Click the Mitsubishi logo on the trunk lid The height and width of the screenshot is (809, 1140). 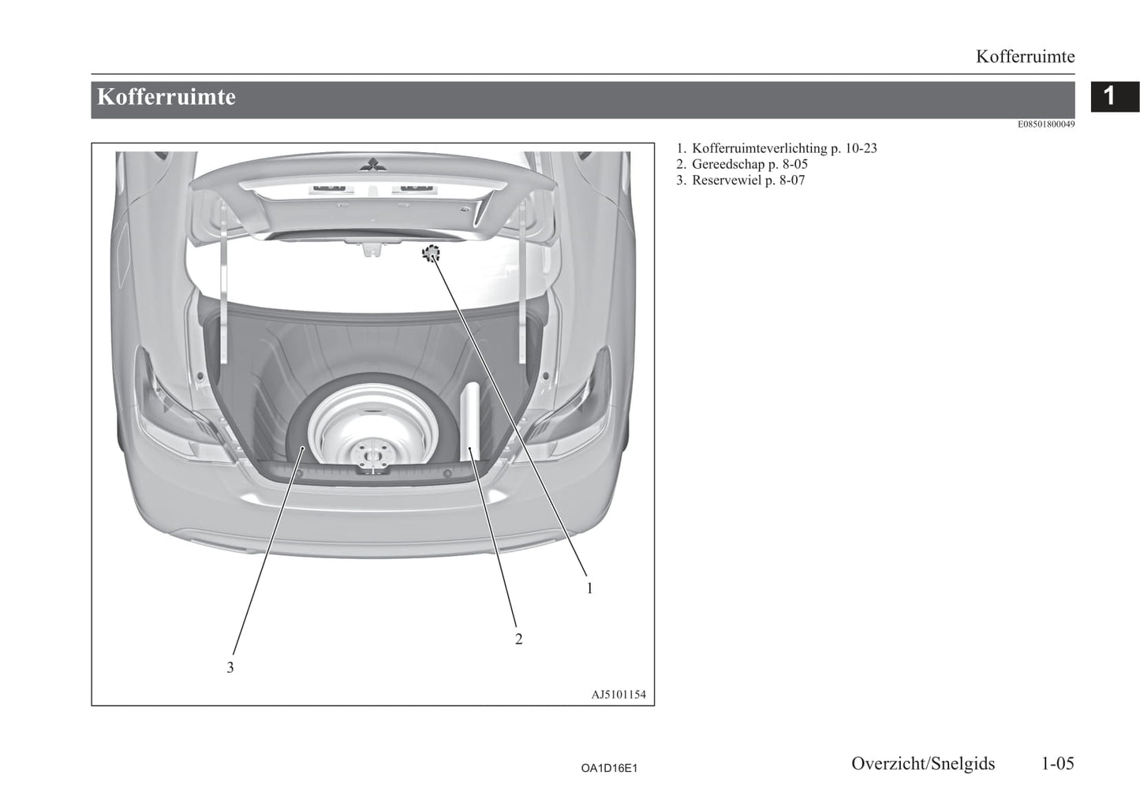pyautogui.click(x=372, y=163)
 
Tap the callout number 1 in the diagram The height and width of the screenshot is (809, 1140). pyautogui.click(x=590, y=588)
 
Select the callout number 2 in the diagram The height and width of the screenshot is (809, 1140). pyautogui.click(x=518, y=639)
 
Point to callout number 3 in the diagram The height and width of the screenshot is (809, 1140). pyautogui.click(x=230, y=668)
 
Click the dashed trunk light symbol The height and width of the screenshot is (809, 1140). pyautogui.click(x=431, y=253)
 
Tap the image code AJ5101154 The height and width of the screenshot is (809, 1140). pyautogui.click(x=619, y=695)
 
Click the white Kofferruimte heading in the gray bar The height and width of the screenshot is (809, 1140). pyautogui.click(x=166, y=97)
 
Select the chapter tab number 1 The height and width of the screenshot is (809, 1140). pyautogui.click(x=1109, y=96)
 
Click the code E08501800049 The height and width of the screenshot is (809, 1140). pyautogui.click(x=1046, y=124)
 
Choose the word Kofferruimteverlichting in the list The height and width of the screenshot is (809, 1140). pyautogui.click(x=759, y=148)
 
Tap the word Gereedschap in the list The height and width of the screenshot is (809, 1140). pyautogui.click(x=728, y=164)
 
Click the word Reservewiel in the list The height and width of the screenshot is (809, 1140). pyautogui.click(x=727, y=180)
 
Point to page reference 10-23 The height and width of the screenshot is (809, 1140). pyautogui.click(x=861, y=148)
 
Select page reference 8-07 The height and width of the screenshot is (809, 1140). pyautogui.click(x=792, y=180)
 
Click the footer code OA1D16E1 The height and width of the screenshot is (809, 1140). pyautogui.click(x=609, y=768)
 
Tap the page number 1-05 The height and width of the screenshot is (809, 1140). pyautogui.click(x=1057, y=763)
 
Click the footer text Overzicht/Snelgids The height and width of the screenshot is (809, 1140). pyautogui.click(x=923, y=764)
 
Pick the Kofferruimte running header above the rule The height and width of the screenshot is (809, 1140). pyautogui.click(x=1025, y=57)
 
